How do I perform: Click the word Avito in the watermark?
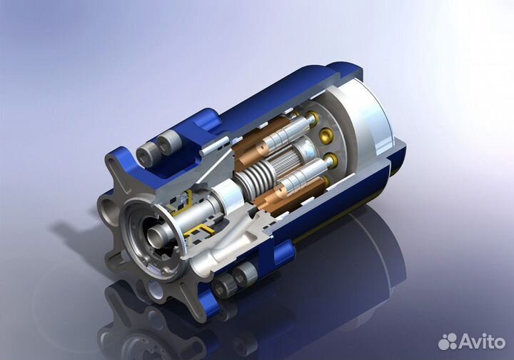point(482,342)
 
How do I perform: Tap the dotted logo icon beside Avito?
point(448,341)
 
